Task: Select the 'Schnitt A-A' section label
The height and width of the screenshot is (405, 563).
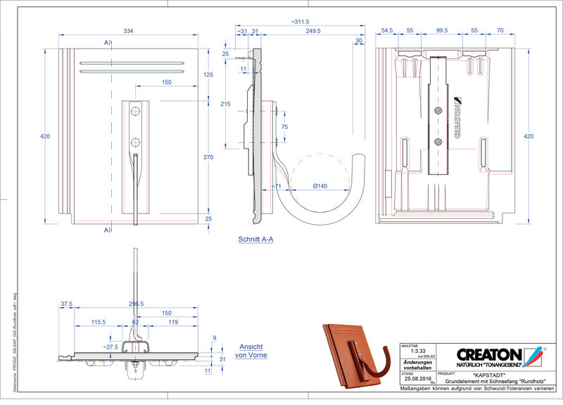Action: pyautogui.click(x=255, y=239)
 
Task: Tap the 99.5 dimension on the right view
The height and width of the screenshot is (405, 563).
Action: pyautogui.click(x=442, y=31)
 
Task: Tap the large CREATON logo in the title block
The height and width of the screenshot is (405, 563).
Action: pyautogui.click(x=488, y=354)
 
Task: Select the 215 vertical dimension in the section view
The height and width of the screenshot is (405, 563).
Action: pyautogui.click(x=226, y=104)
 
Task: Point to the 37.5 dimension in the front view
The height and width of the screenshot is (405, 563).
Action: pyautogui.click(x=67, y=304)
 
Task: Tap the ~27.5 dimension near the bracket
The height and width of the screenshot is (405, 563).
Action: pyautogui.click(x=110, y=347)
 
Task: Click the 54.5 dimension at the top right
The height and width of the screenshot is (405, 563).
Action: pyautogui.click(x=386, y=31)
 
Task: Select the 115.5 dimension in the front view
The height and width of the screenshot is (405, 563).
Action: pyautogui.click(x=99, y=322)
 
